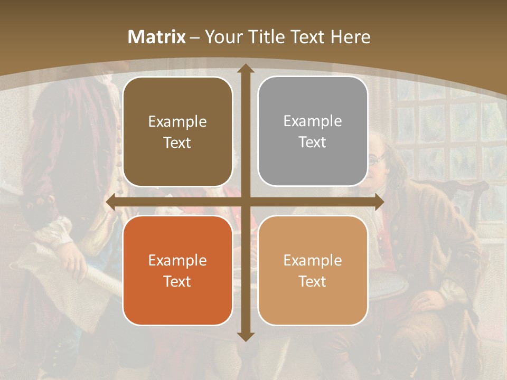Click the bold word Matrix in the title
[x=157, y=37]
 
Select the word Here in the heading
[x=350, y=37]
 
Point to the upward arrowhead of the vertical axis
[x=245, y=70]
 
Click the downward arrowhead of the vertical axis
[x=245, y=336]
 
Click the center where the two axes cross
[x=245, y=202]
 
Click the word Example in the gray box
[x=313, y=121]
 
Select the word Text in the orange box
[x=177, y=281]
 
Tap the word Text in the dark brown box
[x=177, y=142]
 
